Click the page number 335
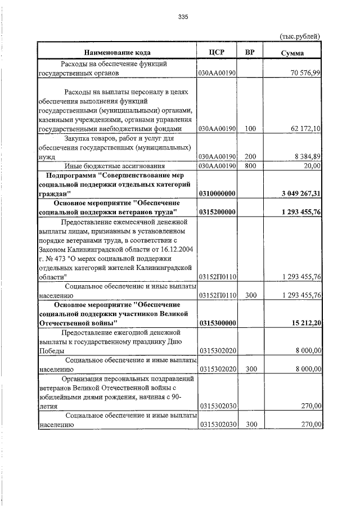[183, 17]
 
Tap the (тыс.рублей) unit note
[300, 37]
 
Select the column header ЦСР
[217, 52]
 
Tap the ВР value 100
[250, 129]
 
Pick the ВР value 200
[250, 156]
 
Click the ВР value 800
[250, 166]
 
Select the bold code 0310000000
[217, 193]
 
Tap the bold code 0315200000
[217, 212]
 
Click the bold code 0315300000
[217, 322]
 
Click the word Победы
[51, 350]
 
